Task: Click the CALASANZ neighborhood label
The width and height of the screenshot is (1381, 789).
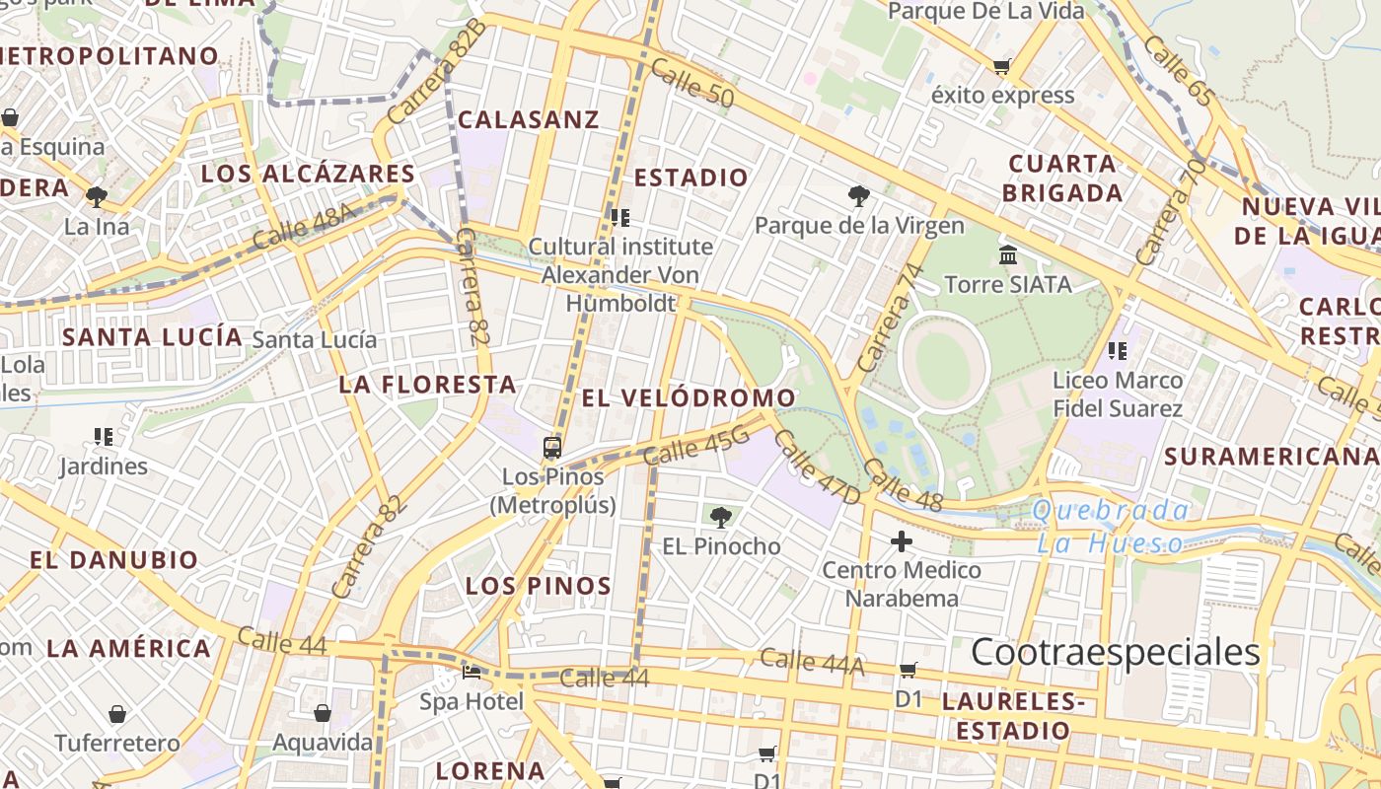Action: pyautogui.click(x=529, y=119)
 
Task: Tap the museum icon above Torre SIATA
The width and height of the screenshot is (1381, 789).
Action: pyautogui.click(x=1008, y=255)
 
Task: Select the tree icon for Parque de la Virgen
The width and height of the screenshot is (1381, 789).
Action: pyautogui.click(x=858, y=196)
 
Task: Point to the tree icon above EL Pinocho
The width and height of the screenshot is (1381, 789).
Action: pyautogui.click(x=721, y=517)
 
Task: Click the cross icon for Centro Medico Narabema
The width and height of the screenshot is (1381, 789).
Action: pyautogui.click(x=901, y=541)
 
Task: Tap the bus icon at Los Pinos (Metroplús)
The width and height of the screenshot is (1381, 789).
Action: pyautogui.click(x=552, y=448)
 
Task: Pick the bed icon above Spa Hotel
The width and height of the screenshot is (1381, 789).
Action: pyautogui.click(x=472, y=674)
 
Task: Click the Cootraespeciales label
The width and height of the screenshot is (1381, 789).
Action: pyautogui.click(x=1115, y=652)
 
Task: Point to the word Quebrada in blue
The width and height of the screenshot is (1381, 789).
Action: pyautogui.click(x=1111, y=511)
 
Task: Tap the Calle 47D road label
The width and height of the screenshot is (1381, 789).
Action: pyautogui.click(x=817, y=466)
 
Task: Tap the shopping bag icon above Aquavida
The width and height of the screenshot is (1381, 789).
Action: pyautogui.click(x=323, y=713)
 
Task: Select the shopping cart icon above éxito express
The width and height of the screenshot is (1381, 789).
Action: pyautogui.click(x=1002, y=67)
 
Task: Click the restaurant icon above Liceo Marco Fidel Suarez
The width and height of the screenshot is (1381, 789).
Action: pyautogui.click(x=1117, y=350)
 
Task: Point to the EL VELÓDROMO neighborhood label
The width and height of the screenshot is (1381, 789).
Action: pyautogui.click(x=689, y=397)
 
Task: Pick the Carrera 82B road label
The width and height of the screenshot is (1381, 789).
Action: pyautogui.click(x=436, y=72)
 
